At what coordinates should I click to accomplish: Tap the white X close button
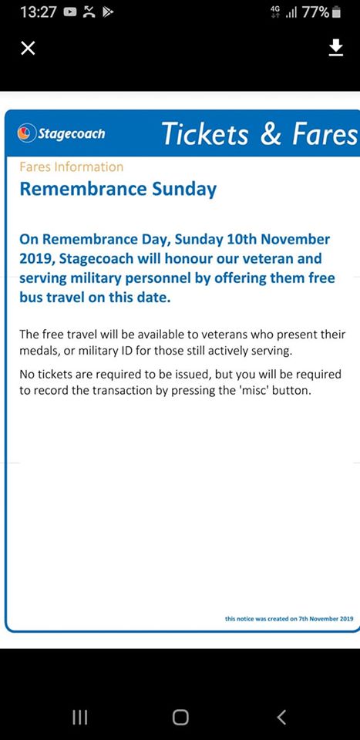pyautogui.click(x=28, y=49)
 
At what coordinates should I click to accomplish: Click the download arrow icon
pyautogui.click(x=335, y=48)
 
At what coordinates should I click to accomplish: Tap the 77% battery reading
pyautogui.click(x=315, y=12)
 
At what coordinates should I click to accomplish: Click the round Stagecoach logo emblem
pyautogui.click(x=27, y=133)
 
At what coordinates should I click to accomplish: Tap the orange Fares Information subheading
pyautogui.click(x=71, y=166)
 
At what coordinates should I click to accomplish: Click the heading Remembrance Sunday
pyautogui.click(x=118, y=189)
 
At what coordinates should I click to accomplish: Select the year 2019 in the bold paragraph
pyautogui.click(x=35, y=258)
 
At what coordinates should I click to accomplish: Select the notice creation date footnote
pyautogui.click(x=289, y=618)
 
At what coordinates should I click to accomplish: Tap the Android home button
pyautogui.click(x=180, y=717)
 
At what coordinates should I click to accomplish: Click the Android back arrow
pyautogui.click(x=281, y=717)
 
